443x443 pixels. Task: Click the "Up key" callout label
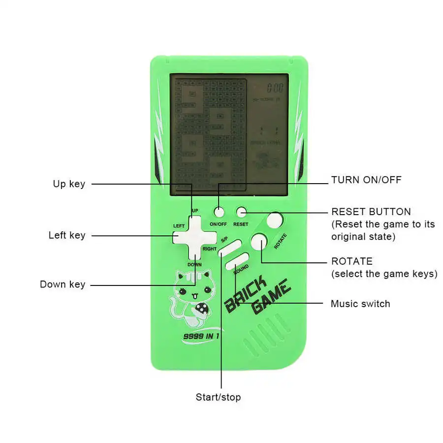[x=69, y=184]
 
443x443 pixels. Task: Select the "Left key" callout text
[x=67, y=235]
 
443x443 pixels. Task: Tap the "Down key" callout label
[x=63, y=285]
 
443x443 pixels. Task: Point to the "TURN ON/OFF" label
[x=366, y=180]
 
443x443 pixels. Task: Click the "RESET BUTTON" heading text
[x=371, y=212]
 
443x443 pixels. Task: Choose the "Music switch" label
[x=360, y=304]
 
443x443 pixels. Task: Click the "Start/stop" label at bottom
[x=218, y=397]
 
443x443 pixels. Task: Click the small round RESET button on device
[x=241, y=212]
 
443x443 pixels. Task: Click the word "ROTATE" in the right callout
[x=352, y=261]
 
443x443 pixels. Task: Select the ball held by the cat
[x=202, y=309]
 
